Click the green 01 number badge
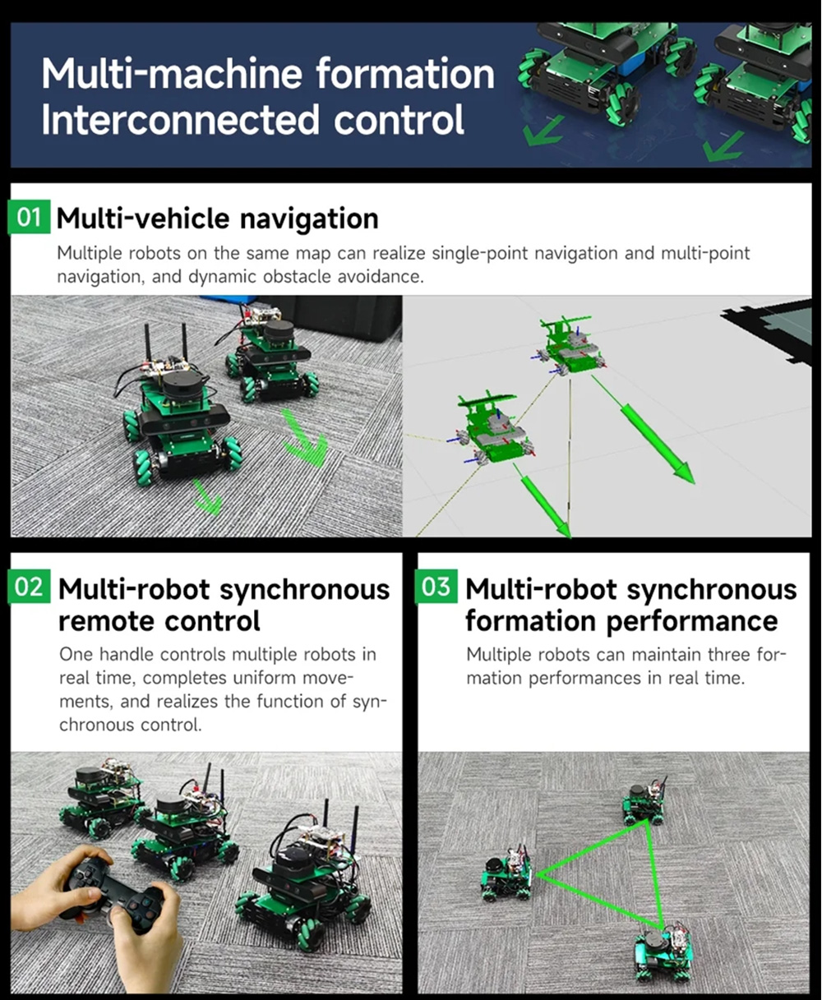29,217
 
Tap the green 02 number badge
29,587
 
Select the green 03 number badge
436,587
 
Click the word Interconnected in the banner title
180,119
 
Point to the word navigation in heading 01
309,220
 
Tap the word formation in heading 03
531,621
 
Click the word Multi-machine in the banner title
172,73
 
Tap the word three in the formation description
730,655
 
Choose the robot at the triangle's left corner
508,873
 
